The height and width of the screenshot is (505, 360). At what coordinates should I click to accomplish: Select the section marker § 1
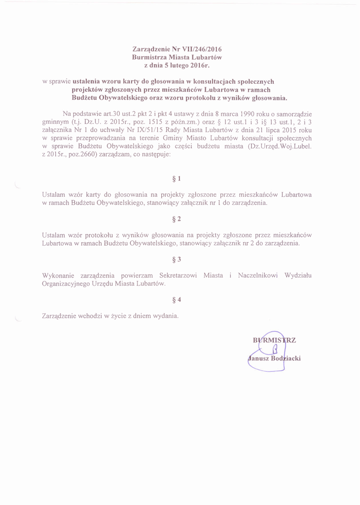(x=177, y=178)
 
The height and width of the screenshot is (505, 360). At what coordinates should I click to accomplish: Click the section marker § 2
(x=177, y=218)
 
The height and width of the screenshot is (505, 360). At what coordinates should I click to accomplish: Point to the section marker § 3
(x=177, y=259)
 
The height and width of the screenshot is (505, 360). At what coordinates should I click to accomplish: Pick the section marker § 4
(x=177, y=299)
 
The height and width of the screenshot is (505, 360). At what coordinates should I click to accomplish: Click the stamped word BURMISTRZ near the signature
(x=274, y=340)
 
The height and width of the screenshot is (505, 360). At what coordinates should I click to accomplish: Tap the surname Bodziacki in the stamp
(x=286, y=359)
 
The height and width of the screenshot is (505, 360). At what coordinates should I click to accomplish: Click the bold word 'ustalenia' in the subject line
(x=87, y=81)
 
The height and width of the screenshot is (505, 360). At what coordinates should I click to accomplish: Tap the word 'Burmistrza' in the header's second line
(x=147, y=57)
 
